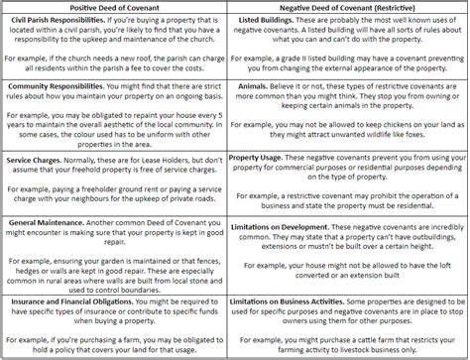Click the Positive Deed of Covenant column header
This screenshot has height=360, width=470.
click(115, 7)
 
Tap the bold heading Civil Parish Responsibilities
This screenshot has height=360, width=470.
click(61, 19)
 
